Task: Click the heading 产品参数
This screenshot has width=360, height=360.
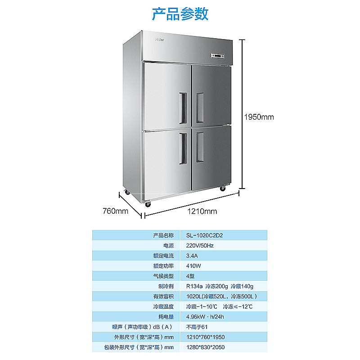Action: pyautogui.click(x=180, y=14)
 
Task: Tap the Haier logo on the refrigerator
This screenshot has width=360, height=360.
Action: pyautogui.click(x=159, y=40)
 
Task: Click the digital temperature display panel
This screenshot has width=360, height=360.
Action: pyautogui.click(x=218, y=56)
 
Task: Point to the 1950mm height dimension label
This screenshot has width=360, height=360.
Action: pyautogui.click(x=259, y=117)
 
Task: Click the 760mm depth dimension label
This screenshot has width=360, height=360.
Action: pyautogui.click(x=116, y=211)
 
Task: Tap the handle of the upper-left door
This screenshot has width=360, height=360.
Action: pyautogui.click(x=183, y=108)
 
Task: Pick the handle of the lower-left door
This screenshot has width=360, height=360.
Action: pyautogui.click(x=183, y=148)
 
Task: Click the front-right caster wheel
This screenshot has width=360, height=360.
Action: pyautogui.click(x=222, y=188)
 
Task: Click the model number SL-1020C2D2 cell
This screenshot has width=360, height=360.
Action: pyautogui.click(x=205, y=235)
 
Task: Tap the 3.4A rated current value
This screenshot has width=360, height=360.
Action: pyautogui.click(x=192, y=256)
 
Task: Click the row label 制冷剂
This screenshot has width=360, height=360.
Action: pyautogui.click(x=166, y=286)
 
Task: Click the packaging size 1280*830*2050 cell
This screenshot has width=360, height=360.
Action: pyautogui.click(x=205, y=347)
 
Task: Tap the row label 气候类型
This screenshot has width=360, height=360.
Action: pyautogui.click(x=163, y=276)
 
